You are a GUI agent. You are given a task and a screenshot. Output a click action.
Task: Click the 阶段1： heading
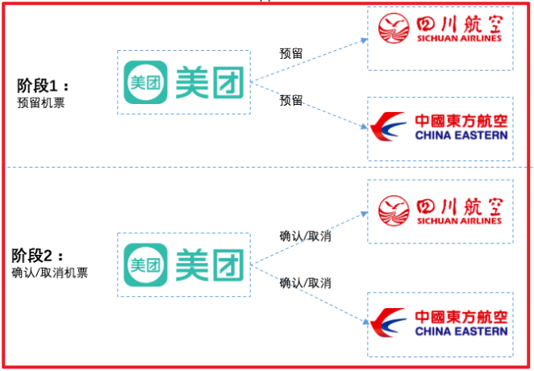point(43,85)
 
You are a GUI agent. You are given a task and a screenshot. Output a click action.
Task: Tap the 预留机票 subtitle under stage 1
point(40,102)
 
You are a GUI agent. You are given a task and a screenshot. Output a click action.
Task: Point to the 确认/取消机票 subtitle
point(49,273)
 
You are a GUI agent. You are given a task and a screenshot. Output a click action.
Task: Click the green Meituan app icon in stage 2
point(146,264)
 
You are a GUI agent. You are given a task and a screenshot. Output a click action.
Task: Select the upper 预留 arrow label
point(291,54)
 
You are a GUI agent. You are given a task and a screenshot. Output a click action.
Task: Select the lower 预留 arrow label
point(291,101)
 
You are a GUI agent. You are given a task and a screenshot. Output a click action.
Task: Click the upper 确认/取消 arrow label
point(306,236)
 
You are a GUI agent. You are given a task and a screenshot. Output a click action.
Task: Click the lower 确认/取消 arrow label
point(306,283)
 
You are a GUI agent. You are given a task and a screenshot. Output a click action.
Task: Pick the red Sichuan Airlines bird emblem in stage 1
point(395,31)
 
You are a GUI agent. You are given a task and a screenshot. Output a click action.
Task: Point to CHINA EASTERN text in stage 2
point(461,331)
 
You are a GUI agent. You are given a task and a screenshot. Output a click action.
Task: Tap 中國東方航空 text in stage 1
point(461,121)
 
